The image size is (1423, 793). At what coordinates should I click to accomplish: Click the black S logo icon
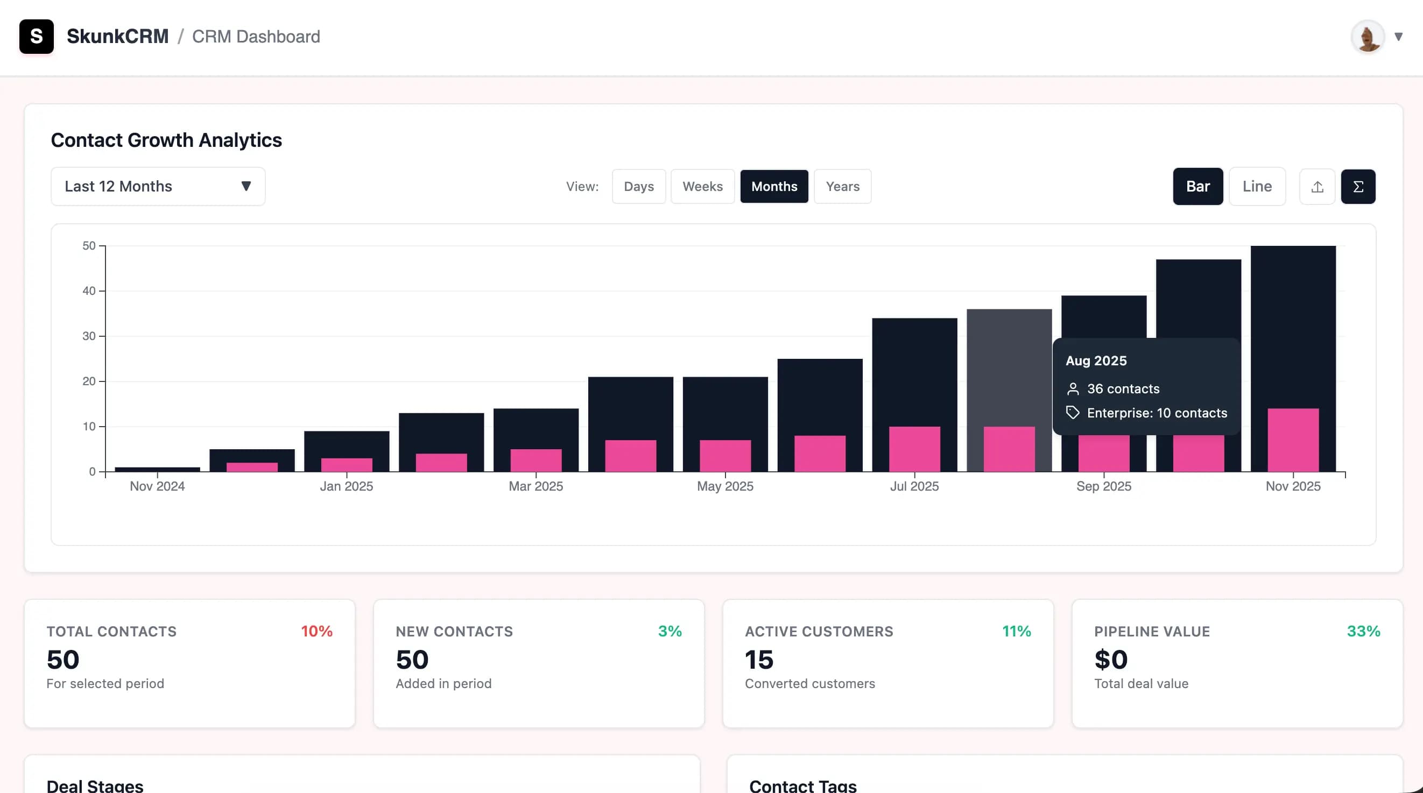pos(37,37)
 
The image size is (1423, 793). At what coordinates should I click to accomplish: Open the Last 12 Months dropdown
pos(158,187)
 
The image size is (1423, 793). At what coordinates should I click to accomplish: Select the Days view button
pos(639,187)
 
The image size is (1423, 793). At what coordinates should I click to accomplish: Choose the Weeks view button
pos(702,187)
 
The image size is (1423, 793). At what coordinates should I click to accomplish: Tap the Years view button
pos(842,187)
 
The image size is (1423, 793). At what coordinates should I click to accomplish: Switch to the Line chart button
pos(1257,187)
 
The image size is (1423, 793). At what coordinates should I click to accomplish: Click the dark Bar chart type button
pos(1197,187)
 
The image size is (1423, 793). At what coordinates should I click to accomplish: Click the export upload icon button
pos(1317,187)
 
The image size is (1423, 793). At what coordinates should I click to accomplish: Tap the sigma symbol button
pos(1358,187)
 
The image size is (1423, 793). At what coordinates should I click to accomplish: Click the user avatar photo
pos(1367,37)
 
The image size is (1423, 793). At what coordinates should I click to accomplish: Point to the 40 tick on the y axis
pos(89,291)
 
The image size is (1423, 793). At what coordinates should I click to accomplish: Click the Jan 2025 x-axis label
pos(347,486)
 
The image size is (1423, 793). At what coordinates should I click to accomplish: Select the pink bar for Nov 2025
pos(1293,440)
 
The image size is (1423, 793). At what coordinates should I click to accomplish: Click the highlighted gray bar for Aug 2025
pos(1009,364)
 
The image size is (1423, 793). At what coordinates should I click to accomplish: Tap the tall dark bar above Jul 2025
pos(914,370)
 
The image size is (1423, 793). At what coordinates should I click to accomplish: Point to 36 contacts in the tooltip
pos(1123,389)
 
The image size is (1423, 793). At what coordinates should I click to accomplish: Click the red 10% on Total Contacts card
pos(316,631)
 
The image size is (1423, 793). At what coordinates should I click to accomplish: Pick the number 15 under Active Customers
pos(759,660)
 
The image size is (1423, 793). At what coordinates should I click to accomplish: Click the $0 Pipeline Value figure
pos(1110,660)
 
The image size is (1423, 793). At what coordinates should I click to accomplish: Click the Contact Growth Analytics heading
pos(166,140)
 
